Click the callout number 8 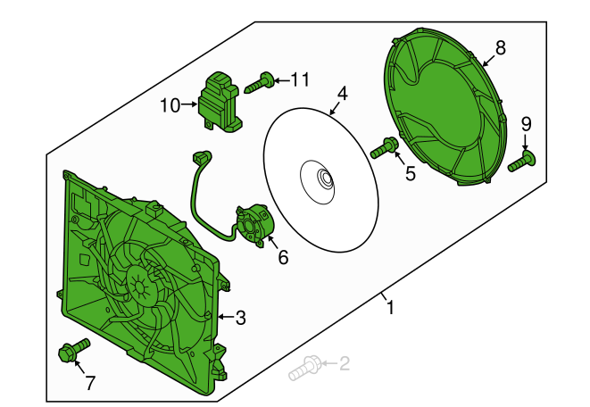pyautogui.click(x=501, y=48)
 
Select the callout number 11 pyautogui.click(x=300, y=79)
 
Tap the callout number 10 pyautogui.click(x=170, y=105)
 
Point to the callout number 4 pyautogui.click(x=342, y=94)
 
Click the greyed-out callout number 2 pyautogui.click(x=345, y=363)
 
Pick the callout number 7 pyautogui.click(x=89, y=383)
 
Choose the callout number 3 pyautogui.click(x=240, y=318)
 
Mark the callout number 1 pyautogui.click(x=391, y=307)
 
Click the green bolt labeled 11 pyautogui.click(x=259, y=83)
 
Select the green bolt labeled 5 pyautogui.click(x=383, y=147)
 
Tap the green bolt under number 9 pyautogui.click(x=521, y=161)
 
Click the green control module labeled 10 pyautogui.click(x=220, y=102)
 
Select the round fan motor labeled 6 pyautogui.click(x=253, y=225)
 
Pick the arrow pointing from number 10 pyautogui.click(x=189, y=104)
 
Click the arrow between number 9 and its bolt pyautogui.click(x=526, y=143)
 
